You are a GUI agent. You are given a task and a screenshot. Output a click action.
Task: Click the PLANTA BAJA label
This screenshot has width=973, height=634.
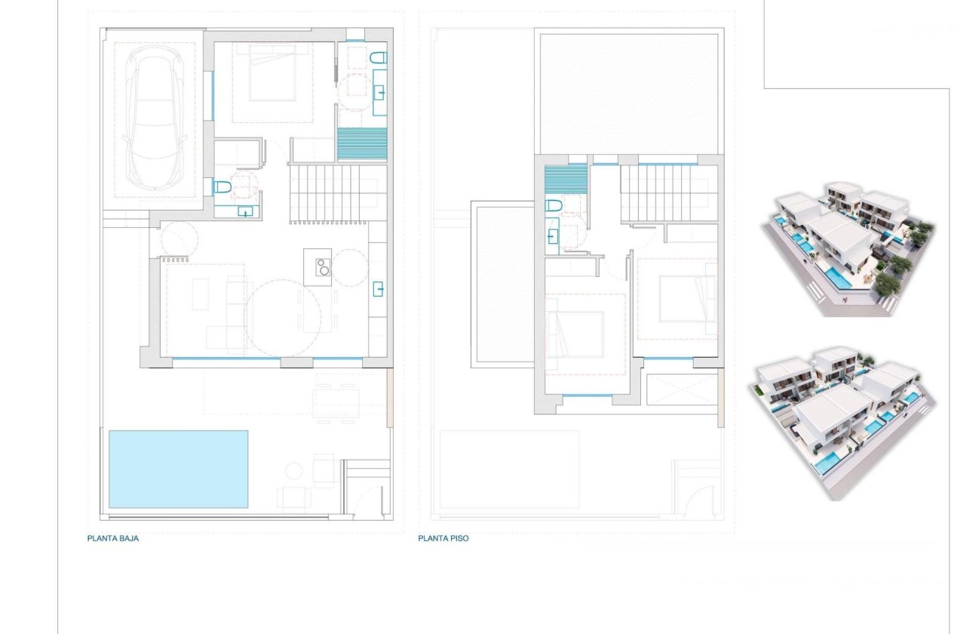pyautogui.click(x=113, y=539)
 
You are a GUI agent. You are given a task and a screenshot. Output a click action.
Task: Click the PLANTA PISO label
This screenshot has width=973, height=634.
pyautogui.click(x=444, y=539)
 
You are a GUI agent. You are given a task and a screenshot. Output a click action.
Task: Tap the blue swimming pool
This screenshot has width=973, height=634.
pyautogui.click(x=179, y=469)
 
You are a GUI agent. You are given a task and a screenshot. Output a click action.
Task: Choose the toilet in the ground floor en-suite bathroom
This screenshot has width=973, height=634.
pyautogui.click(x=379, y=57)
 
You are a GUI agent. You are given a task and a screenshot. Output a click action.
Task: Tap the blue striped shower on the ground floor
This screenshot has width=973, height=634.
pyautogui.click(x=362, y=144)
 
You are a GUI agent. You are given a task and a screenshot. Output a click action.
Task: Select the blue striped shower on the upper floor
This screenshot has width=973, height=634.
pyautogui.click(x=565, y=182)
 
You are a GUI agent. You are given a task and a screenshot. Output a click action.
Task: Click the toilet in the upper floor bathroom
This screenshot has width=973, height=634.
pyautogui.click(x=554, y=206)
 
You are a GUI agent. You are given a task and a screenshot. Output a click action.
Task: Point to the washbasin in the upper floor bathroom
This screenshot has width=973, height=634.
pyautogui.click(x=553, y=235)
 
